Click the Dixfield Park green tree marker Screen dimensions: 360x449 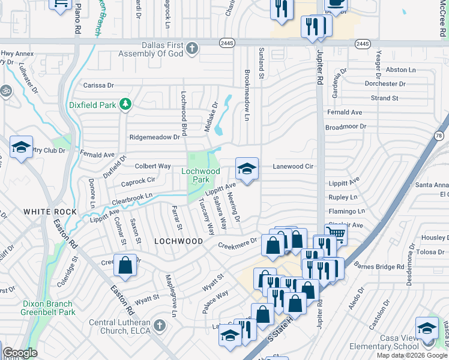tap(125, 105)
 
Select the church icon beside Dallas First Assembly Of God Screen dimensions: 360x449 tap(192, 49)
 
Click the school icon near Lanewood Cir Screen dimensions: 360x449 tap(246, 170)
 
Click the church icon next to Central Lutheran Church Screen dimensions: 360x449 tap(159, 325)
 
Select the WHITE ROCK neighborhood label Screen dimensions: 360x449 tap(50, 212)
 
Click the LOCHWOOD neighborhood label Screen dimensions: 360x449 tap(178, 241)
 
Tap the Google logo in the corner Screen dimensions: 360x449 tap(20, 353)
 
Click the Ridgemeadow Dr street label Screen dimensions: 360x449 tap(155, 137)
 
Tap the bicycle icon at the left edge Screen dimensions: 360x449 tap(6, 91)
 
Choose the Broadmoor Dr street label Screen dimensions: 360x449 tap(345, 127)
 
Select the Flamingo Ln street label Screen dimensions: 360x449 tap(347, 211)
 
